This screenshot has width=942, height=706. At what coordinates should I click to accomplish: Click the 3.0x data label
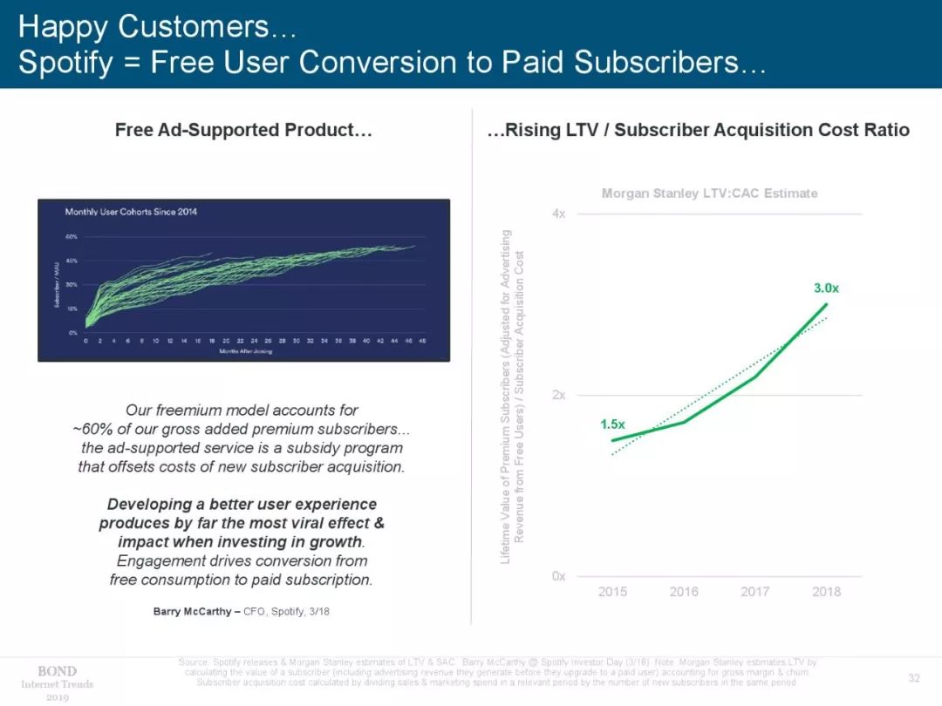click(826, 288)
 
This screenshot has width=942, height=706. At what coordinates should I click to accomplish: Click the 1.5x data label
click(612, 424)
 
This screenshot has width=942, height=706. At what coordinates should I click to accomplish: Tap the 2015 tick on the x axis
click(612, 592)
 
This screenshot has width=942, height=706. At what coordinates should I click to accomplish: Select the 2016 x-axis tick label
click(684, 592)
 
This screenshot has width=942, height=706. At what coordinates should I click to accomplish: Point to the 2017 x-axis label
click(755, 592)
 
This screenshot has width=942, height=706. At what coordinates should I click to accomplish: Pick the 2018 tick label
click(826, 592)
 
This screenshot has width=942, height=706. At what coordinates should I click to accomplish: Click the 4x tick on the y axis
click(558, 214)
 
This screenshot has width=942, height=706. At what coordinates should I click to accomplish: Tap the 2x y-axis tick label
click(558, 395)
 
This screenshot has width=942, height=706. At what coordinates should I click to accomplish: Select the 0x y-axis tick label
click(558, 576)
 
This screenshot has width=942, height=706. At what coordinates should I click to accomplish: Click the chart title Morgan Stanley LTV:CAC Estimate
click(709, 193)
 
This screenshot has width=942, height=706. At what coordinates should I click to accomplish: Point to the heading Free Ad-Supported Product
click(244, 131)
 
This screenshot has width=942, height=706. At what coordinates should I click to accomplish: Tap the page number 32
click(914, 678)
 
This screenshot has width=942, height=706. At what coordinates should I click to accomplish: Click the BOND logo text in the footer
click(57, 671)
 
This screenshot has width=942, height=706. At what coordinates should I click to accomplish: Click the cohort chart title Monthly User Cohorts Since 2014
click(131, 213)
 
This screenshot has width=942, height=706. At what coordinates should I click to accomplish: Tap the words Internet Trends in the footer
click(57, 684)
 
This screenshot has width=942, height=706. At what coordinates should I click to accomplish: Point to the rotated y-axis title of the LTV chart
click(512, 396)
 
